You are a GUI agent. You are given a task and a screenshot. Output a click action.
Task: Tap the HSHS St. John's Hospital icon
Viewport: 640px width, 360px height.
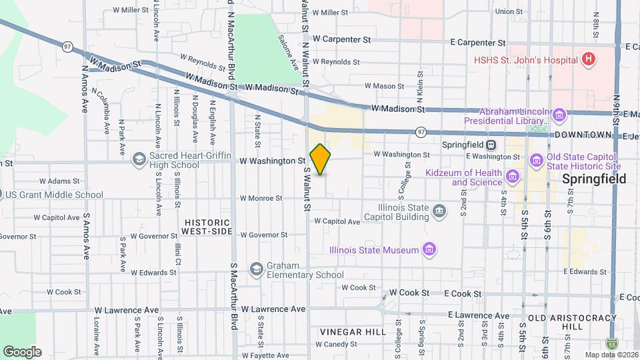tap(587, 59)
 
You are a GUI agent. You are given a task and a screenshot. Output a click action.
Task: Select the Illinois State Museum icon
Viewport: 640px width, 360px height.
tap(431, 251)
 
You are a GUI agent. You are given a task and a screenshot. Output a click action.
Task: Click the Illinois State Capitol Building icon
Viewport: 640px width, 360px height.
tap(439, 212)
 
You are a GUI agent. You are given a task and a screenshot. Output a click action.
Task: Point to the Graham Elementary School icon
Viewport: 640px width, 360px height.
tap(255, 269)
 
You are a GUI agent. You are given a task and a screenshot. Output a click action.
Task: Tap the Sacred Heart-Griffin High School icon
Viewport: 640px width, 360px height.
tap(139, 159)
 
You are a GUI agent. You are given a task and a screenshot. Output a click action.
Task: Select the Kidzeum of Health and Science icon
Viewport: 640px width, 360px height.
tap(512, 177)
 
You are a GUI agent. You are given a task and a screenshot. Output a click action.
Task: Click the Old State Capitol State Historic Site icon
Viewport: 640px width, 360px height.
tap(536, 161)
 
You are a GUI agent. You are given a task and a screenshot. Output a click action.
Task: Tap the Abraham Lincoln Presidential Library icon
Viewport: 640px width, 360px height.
tap(559, 116)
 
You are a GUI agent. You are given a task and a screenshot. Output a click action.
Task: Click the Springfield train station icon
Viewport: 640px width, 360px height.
tap(491, 145)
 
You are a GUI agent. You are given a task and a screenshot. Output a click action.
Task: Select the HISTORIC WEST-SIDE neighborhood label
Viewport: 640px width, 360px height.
tap(207, 227)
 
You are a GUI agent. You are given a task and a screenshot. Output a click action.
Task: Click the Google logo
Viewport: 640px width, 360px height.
tap(22, 351)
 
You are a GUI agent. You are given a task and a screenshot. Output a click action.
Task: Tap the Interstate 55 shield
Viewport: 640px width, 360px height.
tap(612, 343)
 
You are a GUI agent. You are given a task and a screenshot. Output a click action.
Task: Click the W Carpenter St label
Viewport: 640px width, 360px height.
tap(342, 40)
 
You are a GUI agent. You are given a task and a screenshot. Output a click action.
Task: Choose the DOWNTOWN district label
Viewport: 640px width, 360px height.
tap(583, 135)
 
